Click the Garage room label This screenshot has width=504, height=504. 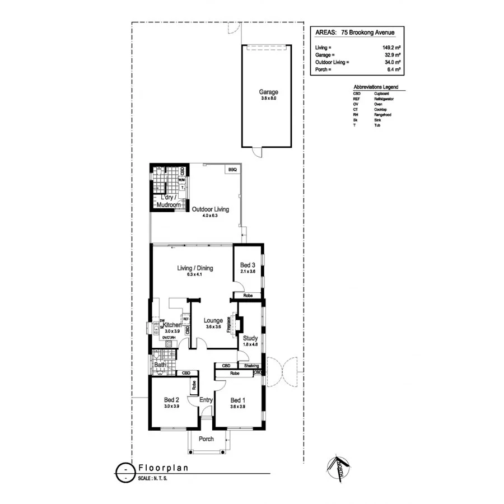(268, 92)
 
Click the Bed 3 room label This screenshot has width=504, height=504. (248, 265)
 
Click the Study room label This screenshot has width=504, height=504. (250, 338)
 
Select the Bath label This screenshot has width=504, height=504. (160, 365)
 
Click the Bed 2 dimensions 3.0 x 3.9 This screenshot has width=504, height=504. (171, 407)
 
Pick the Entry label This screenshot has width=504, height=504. (206, 400)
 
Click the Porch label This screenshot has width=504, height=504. (206, 438)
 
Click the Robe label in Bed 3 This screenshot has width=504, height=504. (247, 295)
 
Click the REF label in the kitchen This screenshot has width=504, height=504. (185, 318)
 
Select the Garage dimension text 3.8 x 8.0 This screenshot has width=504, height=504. (268, 99)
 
